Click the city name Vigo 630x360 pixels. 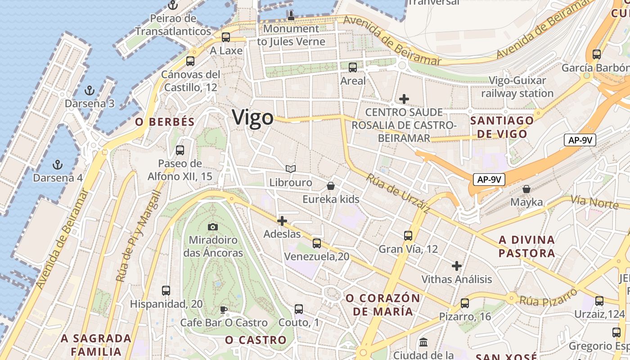[252, 117]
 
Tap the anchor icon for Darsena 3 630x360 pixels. [90, 90]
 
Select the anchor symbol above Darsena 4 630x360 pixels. [57, 164]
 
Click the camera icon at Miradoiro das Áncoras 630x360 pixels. [213, 227]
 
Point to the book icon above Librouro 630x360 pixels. [291, 169]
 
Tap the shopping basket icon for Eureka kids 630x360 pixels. [331, 186]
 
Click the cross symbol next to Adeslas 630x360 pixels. [282, 221]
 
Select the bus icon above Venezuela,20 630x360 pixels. [317, 243]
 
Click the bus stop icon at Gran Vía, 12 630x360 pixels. [408, 235]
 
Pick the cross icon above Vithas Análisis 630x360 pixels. [457, 266]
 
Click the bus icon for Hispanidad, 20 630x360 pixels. [166, 291]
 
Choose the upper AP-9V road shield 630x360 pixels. [580, 140]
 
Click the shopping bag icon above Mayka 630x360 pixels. [526, 189]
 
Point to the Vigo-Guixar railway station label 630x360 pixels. [517, 87]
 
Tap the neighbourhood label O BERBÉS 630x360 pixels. [165, 122]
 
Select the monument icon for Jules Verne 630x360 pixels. [291, 16]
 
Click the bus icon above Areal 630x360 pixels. [353, 67]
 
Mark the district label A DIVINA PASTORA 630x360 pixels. [526, 246]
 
